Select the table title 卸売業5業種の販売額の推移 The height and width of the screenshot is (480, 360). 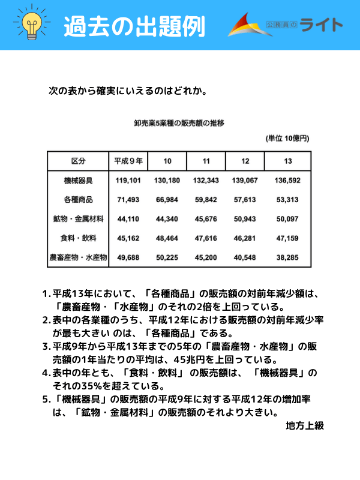click(x=179, y=124)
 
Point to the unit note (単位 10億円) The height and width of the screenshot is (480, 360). click(x=287, y=139)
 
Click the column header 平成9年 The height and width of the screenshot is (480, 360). click(x=128, y=161)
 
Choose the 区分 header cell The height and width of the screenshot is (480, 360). click(x=78, y=161)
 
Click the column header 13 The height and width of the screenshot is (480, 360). click(x=288, y=161)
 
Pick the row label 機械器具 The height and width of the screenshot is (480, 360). click(x=78, y=180)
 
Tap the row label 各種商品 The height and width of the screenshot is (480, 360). click(x=78, y=199)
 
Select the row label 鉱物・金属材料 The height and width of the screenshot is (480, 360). click(x=78, y=219)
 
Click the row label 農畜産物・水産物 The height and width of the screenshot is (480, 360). click(x=78, y=257)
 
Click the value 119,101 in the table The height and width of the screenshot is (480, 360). click(x=128, y=180)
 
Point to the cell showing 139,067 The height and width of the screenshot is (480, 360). click(x=246, y=180)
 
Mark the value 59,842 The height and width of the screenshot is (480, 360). click(x=206, y=199)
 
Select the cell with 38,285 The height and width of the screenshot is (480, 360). click(x=288, y=257)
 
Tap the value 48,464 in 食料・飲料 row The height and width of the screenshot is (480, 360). click(x=167, y=238)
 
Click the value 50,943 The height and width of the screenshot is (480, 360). click(x=246, y=219)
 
